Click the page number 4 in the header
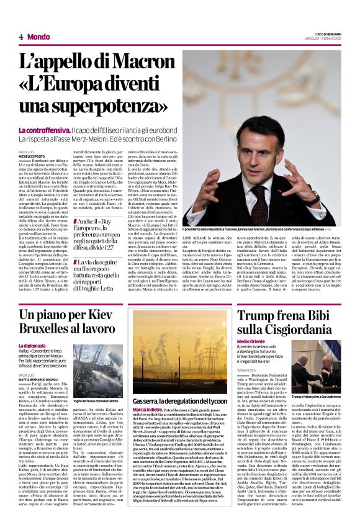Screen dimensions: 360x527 pyautogui.click(x=21, y=37)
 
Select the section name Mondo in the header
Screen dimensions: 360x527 pyautogui.click(x=38, y=37)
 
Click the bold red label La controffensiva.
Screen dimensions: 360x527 pyautogui.click(x=43, y=130)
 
